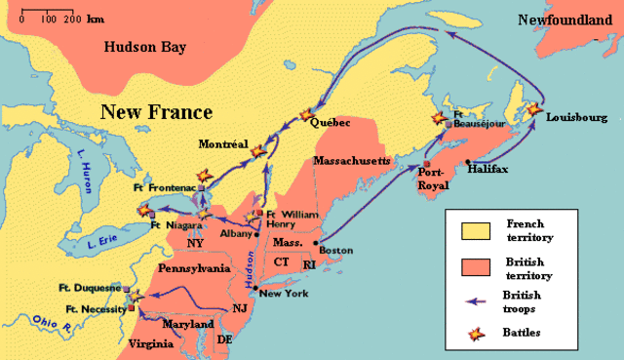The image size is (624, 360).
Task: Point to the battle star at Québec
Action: click(311, 114)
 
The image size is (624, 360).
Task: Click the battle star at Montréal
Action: click(257, 151)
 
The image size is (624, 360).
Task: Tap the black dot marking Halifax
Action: click(469, 162)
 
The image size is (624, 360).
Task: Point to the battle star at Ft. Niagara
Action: click(145, 209)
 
